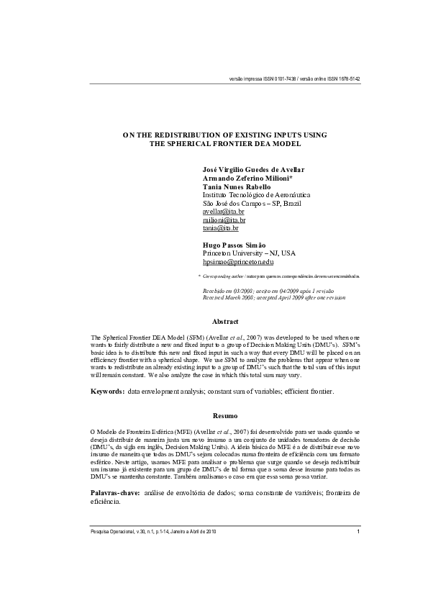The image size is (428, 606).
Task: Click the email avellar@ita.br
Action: coord(224,212)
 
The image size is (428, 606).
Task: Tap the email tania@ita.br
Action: coord(221,228)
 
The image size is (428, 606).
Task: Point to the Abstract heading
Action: coord(225,321)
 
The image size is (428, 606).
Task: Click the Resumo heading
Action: coord(225,416)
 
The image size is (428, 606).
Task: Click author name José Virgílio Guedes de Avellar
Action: coord(253,170)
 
